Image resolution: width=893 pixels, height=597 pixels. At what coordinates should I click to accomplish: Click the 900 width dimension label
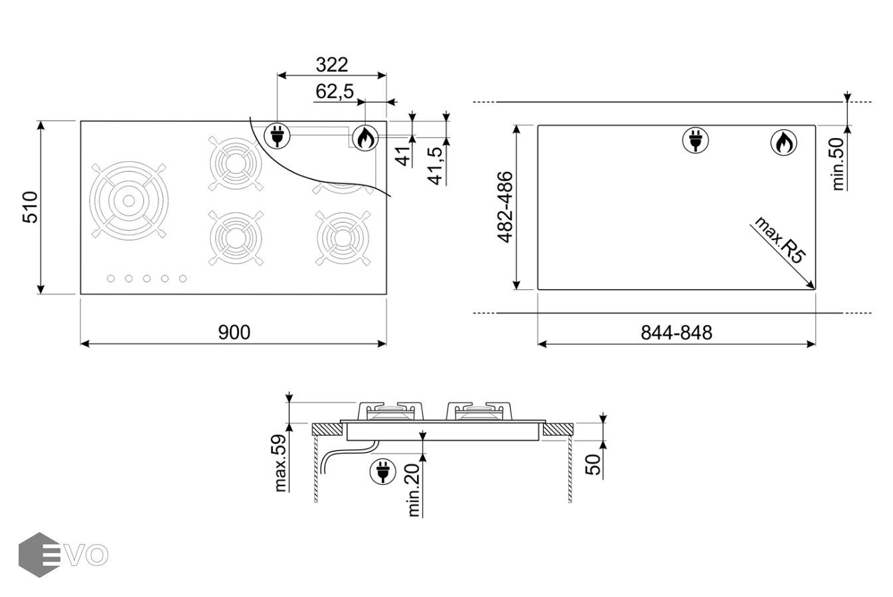pyautogui.click(x=234, y=332)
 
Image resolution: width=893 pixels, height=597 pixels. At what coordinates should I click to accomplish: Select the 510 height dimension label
pyautogui.click(x=31, y=207)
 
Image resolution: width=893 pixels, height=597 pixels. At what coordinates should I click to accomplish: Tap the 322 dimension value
pyautogui.click(x=332, y=64)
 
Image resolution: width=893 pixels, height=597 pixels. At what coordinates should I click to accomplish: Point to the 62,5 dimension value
pyautogui.click(x=335, y=92)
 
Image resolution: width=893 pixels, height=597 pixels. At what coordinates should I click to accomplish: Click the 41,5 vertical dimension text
pyautogui.click(x=436, y=166)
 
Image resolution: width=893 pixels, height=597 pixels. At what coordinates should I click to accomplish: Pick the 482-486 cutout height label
pyautogui.click(x=505, y=207)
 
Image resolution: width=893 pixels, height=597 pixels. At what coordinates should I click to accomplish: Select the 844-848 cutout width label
pyautogui.click(x=676, y=333)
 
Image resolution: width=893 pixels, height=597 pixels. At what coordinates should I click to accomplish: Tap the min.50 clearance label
pyautogui.click(x=838, y=164)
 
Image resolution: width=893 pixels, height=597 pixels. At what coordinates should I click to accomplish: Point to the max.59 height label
pyautogui.click(x=281, y=463)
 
